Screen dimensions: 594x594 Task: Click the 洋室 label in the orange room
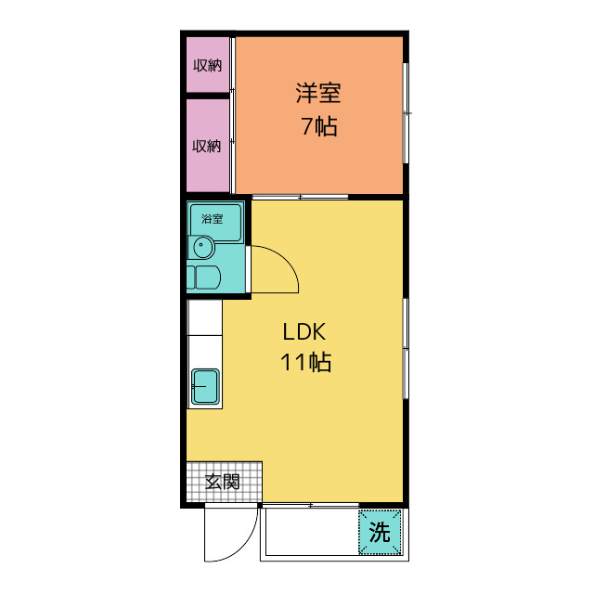pos(318,93)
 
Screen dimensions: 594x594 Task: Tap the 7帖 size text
pos(319,126)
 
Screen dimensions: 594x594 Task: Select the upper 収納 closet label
pos(207,66)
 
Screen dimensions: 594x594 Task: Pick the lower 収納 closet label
pos(206,146)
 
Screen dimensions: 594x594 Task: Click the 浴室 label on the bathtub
pos(213,219)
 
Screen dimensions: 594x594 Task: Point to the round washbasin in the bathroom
pos(203,247)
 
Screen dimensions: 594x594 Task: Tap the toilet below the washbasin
pos(204,278)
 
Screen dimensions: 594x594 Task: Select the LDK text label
pos(304,332)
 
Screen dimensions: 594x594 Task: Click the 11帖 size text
pos(305,362)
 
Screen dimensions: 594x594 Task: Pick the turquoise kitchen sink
pos(206,386)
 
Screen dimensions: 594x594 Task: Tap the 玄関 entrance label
pos(223,482)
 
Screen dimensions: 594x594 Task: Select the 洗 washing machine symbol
pos(380,532)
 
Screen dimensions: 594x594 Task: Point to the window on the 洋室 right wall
pos(406,113)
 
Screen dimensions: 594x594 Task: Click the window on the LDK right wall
pos(406,348)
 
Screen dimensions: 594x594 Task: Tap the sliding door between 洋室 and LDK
pos(300,197)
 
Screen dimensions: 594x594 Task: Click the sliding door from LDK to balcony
pos(311,505)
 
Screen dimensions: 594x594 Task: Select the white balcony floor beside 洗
pos(312,532)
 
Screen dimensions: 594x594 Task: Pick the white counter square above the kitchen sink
pos(205,317)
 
